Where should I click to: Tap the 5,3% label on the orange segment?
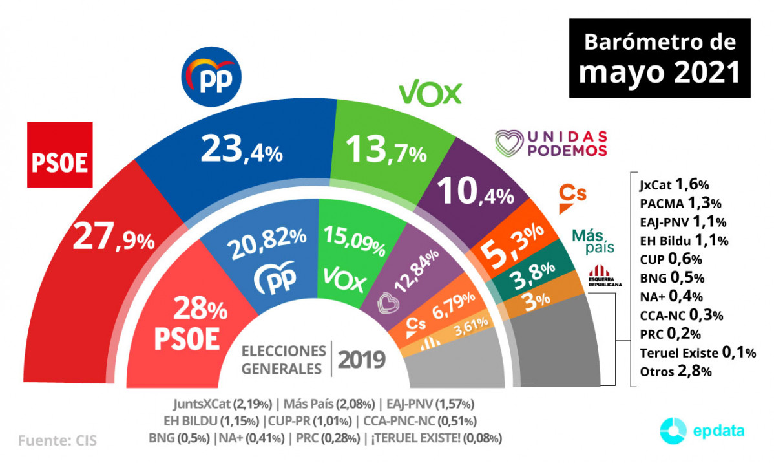pyautogui.click(x=511, y=246)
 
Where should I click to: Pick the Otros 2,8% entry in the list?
pyautogui.click(x=675, y=371)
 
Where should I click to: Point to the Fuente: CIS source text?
pyautogui.click(x=57, y=441)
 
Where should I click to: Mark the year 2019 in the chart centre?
pyautogui.click(x=362, y=359)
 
